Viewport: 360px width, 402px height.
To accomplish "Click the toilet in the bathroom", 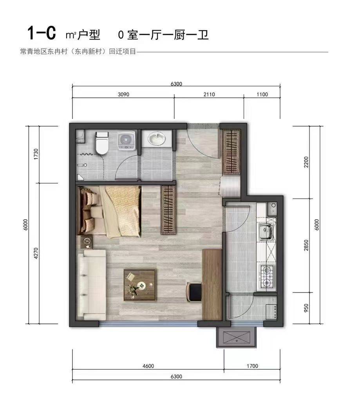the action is click(x=101, y=143).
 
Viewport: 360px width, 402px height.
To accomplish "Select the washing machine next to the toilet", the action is click(x=126, y=141).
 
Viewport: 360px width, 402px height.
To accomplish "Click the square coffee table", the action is click(x=139, y=285).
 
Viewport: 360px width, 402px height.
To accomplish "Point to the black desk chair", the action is click(x=194, y=292).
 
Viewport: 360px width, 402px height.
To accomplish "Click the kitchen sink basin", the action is click(x=266, y=231).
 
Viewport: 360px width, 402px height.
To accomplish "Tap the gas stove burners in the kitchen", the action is click(x=267, y=276).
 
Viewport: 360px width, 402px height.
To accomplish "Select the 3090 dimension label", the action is click(x=123, y=94).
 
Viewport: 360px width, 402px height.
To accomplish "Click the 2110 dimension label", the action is click(x=209, y=94).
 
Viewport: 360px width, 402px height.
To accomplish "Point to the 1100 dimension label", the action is click(x=262, y=94).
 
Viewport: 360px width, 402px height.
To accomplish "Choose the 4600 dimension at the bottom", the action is click(x=148, y=366).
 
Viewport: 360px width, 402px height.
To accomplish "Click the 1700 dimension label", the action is click(x=252, y=366).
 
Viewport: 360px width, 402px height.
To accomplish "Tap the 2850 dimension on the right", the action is click(x=306, y=245).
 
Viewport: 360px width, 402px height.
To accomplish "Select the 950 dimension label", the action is click(x=306, y=308).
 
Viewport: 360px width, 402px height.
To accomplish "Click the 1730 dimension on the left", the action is click(x=36, y=154).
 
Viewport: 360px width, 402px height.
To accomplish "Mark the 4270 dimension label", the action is click(x=36, y=253).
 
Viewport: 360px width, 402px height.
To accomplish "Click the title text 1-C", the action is click(x=41, y=32).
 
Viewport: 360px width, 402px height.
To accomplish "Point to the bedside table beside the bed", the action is click(x=87, y=242).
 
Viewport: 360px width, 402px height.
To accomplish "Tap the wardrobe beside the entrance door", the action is click(x=232, y=151).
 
